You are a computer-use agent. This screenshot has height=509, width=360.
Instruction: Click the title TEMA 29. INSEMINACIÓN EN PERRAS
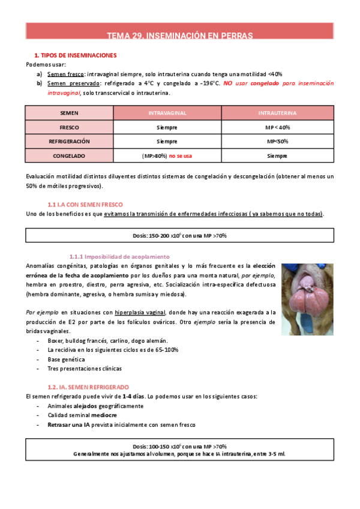point(179,35)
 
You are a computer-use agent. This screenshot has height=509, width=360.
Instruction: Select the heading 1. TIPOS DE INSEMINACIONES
point(75,55)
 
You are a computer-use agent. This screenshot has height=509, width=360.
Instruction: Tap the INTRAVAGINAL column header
point(167,113)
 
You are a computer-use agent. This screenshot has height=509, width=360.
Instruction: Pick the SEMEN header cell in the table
point(69,113)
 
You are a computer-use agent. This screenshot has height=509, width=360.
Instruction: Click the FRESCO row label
point(69,127)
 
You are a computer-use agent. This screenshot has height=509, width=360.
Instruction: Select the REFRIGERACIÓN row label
point(69,142)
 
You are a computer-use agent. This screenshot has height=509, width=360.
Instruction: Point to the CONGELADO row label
point(69,156)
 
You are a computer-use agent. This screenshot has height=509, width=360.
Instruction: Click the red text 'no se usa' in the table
point(181,156)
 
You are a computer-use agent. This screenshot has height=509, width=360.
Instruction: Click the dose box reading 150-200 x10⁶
point(179,235)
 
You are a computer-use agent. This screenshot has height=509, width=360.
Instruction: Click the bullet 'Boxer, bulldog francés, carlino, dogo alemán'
point(100,341)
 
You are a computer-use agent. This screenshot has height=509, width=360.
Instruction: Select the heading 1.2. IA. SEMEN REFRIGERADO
point(88,387)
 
